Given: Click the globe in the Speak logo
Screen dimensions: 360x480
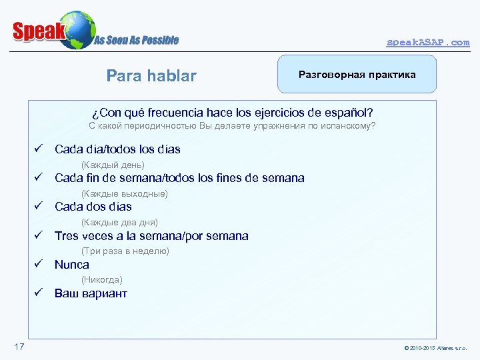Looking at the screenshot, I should click(x=76, y=30).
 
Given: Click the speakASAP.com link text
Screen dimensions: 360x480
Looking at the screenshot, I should click(x=428, y=42).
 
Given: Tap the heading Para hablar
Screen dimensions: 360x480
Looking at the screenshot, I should click(x=151, y=76).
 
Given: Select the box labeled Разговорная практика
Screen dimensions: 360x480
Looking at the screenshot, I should click(x=357, y=74).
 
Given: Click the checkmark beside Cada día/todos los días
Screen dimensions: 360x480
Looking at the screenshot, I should click(x=39, y=149).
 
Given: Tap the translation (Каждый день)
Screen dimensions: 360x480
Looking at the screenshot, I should click(x=113, y=165).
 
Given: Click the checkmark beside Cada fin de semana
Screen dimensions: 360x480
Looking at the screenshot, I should click(x=39, y=177).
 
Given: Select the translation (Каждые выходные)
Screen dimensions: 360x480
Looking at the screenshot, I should click(x=124, y=193).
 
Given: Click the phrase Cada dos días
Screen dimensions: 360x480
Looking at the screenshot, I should click(x=93, y=207).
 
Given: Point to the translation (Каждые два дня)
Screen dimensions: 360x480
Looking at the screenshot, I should click(x=119, y=222).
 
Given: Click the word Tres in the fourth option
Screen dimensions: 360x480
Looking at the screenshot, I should click(x=66, y=235).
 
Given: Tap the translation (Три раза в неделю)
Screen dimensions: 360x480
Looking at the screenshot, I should click(x=125, y=251).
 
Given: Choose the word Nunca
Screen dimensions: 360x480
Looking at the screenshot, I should click(x=72, y=265).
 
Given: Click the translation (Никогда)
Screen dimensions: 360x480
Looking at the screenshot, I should click(x=101, y=280).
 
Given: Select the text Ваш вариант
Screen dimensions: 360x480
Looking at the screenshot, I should click(x=91, y=293).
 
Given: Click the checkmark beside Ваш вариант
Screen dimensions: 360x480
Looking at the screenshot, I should click(x=39, y=293).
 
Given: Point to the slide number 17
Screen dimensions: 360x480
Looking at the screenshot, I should click(x=19, y=346).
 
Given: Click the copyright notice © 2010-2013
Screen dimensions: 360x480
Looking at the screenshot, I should click(x=435, y=349).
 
